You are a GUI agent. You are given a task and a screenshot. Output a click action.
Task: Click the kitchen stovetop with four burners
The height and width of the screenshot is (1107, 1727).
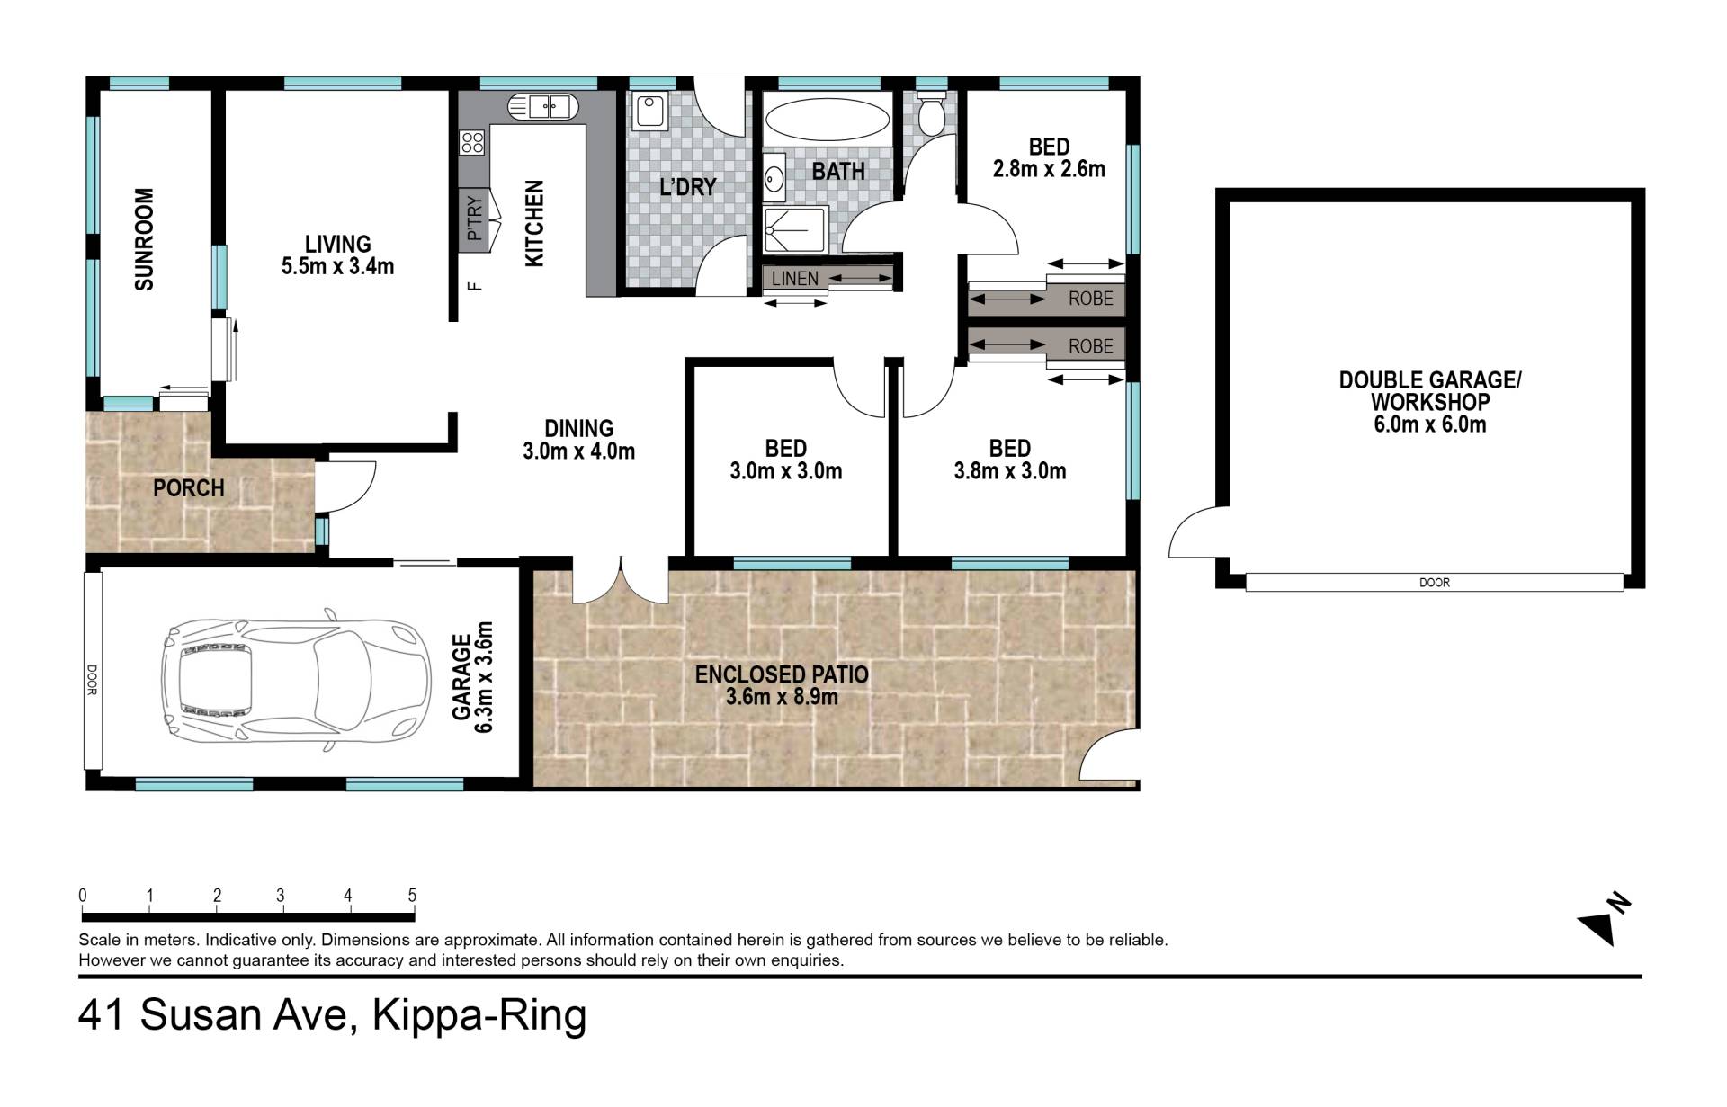472,142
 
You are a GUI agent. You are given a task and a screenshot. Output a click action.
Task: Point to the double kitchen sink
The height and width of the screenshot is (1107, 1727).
544,107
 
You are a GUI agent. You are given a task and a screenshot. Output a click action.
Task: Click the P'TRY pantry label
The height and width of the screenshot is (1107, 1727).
475,219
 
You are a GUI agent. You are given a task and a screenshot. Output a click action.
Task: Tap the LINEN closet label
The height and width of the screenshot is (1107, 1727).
795,279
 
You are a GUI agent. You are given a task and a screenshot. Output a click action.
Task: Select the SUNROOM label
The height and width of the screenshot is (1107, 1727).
144,239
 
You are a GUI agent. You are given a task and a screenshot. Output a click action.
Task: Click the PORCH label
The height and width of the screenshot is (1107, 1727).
188,488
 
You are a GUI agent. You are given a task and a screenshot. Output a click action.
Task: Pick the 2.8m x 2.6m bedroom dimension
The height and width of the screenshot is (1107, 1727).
1049,169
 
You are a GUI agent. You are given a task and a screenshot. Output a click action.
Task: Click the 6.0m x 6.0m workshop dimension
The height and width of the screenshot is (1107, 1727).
1429,424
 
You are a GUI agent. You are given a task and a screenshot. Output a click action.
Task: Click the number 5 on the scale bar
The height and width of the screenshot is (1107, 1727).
412,896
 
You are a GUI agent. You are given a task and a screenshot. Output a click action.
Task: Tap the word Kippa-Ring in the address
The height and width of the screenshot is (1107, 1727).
479,1015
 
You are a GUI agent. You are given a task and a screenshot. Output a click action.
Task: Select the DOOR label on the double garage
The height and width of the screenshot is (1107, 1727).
1434,583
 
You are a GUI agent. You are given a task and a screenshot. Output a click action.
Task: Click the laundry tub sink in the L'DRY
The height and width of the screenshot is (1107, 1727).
649,112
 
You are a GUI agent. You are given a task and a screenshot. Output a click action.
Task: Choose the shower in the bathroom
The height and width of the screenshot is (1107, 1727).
794,230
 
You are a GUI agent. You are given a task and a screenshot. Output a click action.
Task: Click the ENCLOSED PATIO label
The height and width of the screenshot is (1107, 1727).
782,674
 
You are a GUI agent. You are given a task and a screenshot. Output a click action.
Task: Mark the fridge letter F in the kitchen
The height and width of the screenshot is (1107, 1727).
476,287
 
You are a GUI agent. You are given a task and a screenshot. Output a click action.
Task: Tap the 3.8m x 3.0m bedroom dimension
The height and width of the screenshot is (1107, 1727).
1010,471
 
